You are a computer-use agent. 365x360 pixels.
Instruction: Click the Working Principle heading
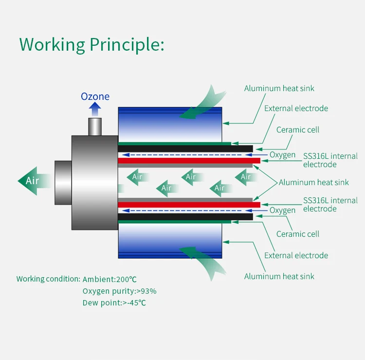pyautogui.click(x=91, y=45)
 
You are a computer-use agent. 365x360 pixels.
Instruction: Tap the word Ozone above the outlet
pyautogui.click(x=95, y=96)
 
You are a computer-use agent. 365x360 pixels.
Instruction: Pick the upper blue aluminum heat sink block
pyautogui.click(x=170, y=124)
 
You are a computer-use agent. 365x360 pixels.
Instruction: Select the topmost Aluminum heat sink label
pyautogui.click(x=279, y=88)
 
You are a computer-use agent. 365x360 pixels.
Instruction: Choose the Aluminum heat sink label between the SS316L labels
pyautogui.click(x=313, y=182)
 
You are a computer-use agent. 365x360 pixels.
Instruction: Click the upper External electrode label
pyautogui.click(x=296, y=108)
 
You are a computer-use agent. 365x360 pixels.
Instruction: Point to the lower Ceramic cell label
pyautogui.click(x=298, y=234)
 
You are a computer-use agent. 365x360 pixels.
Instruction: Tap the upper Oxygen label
pyautogui.click(x=283, y=155)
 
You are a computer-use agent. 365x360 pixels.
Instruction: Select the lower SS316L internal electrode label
pyautogui.click(x=330, y=205)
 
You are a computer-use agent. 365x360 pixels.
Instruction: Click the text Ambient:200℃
pyautogui.click(x=109, y=279)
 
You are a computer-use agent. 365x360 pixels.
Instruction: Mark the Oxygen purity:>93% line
pyautogui.click(x=119, y=291)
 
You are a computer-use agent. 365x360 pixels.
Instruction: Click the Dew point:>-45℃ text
pyautogui.click(x=114, y=303)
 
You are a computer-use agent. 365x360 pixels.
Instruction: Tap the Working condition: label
pyautogui.click(x=48, y=279)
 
